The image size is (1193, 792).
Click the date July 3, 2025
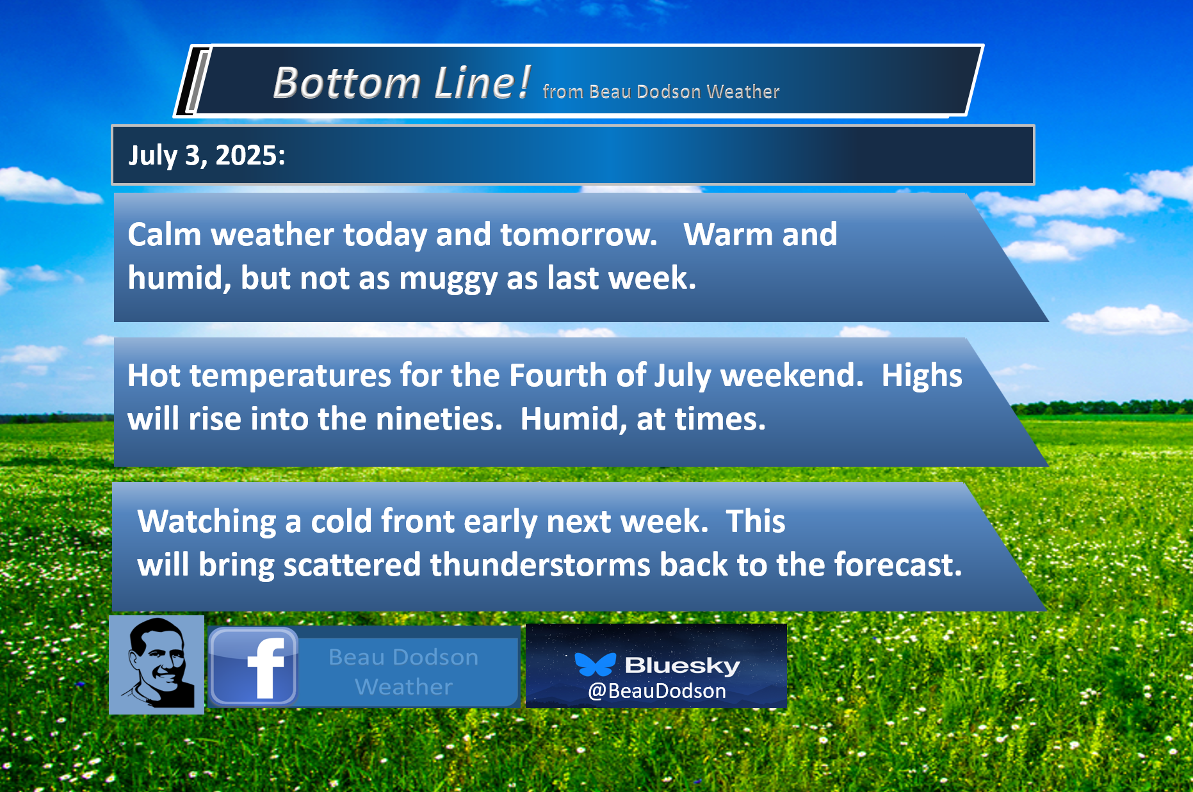coord(207,156)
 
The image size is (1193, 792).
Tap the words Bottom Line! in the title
coord(402,83)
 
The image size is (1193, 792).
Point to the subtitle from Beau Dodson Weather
coord(661,92)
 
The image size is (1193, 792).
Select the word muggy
coord(448,279)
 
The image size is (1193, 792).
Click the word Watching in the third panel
coord(207,522)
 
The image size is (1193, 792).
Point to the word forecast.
coord(897,565)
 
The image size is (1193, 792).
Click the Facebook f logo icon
coord(254,667)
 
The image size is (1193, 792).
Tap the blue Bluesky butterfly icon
coord(595,665)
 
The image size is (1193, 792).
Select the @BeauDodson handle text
coord(657,691)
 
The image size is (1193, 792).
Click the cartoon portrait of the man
coord(157,665)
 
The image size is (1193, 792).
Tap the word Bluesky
coord(682,665)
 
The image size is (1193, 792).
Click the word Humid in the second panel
coord(570,420)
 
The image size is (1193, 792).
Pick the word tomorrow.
coord(579,234)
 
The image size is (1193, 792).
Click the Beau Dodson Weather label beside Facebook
coord(403,672)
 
